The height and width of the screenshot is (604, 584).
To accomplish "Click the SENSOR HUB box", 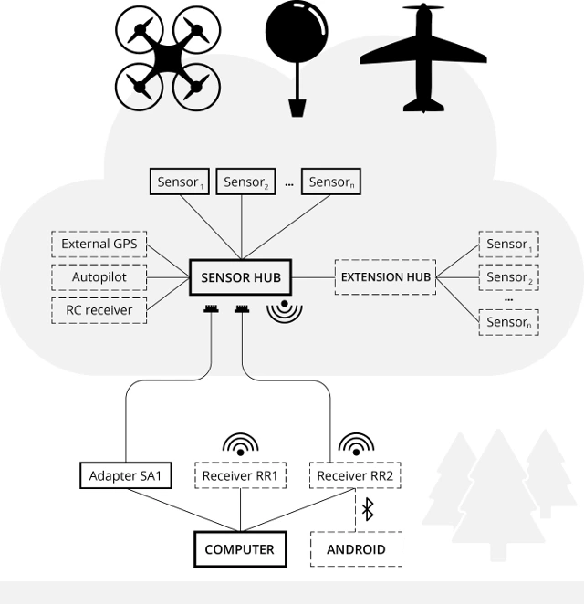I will pos(241,276).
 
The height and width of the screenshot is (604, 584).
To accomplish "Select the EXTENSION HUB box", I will pos(384,276).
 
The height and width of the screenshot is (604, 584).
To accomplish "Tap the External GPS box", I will pos(99,245).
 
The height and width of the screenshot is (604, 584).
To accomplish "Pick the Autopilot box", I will pos(99,276).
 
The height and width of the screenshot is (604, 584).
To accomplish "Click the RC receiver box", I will pos(99,310).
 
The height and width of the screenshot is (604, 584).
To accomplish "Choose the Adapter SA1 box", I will pos(126,475).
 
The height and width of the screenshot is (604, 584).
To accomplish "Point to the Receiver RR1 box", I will pos(240,475).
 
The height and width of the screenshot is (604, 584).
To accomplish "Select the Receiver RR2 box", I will pos(355,475).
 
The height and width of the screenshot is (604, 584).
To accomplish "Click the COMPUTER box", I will pos(240,549).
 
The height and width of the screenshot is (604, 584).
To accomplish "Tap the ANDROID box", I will pos(356,549).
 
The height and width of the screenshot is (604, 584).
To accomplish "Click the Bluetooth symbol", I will pos(368,510).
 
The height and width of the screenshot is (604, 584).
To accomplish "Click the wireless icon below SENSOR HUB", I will pos(285,310).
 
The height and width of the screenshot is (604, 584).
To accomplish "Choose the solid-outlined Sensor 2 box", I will pos(245,182).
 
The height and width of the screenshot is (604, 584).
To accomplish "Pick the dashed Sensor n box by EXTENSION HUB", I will pos(507,321).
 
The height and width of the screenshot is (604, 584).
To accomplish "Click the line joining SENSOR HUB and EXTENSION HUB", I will pos(313,276).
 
